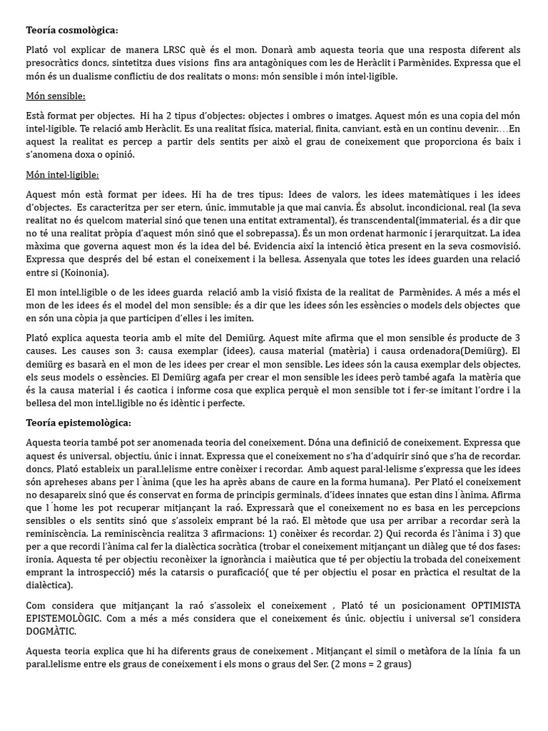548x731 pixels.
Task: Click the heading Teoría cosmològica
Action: pos(72,30)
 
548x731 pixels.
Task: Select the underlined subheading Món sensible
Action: pos(56,96)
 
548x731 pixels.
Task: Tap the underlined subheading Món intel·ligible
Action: pos(62,175)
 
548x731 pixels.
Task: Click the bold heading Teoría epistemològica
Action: pos(78,423)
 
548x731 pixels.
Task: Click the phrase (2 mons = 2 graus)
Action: pos(367,665)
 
